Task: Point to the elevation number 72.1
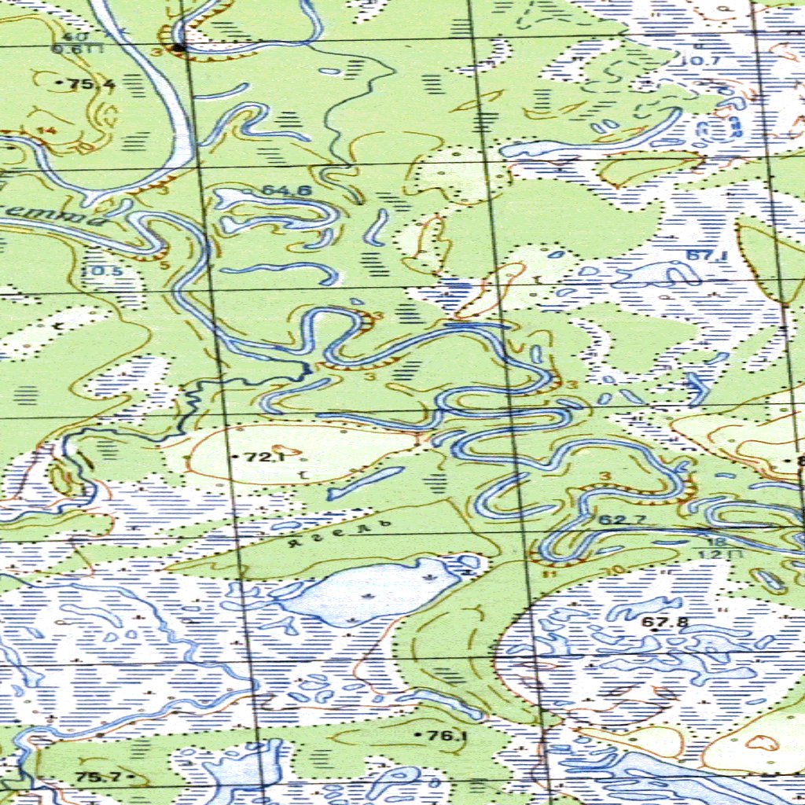click(263, 457)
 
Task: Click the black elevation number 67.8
click(665, 623)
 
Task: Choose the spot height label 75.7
click(98, 777)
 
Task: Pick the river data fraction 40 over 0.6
click(70, 42)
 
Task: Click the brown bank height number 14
click(51, 130)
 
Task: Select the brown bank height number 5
click(164, 265)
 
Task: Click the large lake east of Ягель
click(369, 590)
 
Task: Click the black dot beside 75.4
click(61, 82)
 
